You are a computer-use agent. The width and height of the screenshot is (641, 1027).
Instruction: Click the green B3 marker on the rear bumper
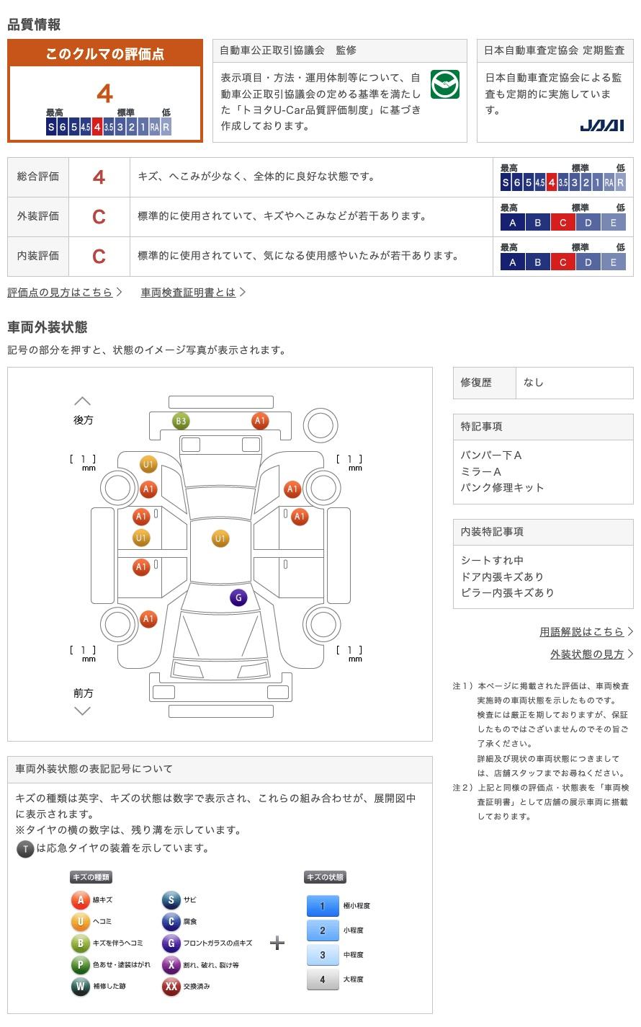[x=181, y=421]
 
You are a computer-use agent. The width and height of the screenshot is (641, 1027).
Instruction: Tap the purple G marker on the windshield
[x=238, y=597]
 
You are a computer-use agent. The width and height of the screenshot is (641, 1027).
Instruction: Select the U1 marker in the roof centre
[x=220, y=538]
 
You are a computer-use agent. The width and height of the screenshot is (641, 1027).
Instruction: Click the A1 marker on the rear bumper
[x=260, y=421]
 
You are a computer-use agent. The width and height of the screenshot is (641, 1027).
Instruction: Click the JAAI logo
[x=601, y=125]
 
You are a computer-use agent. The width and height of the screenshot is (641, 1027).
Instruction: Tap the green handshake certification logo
[x=445, y=84]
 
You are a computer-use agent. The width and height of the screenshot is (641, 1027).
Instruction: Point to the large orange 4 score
[x=105, y=94]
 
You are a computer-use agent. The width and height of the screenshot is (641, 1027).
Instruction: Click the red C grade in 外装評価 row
[x=99, y=217]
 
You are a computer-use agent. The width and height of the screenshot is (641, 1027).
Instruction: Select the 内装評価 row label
[x=38, y=256]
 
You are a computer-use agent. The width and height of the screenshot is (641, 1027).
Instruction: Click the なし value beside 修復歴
[x=533, y=383]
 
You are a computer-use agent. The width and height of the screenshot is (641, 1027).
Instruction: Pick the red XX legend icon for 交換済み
[x=171, y=986]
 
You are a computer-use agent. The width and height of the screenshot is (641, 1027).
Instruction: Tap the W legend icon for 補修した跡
[x=80, y=986]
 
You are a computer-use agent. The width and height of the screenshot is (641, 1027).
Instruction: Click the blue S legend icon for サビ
[x=171, y=899]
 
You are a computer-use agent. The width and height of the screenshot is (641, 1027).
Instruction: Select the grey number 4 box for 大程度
[x=323, y=979]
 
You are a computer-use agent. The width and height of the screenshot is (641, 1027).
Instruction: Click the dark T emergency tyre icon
[x=25, y=849]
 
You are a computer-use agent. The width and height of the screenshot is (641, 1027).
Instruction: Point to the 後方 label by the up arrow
[x=83, y=420]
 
